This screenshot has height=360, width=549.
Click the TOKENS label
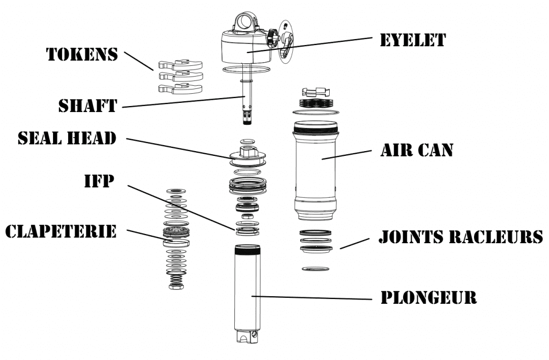(x=82, y=54)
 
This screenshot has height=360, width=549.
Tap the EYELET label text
(x=412, y=40)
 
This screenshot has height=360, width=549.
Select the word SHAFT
(x=87, y=106)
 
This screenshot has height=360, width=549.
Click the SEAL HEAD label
(x=67, y=138)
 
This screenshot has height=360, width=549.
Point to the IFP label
(x=99, y=181)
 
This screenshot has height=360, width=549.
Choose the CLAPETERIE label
(x=61, y=231)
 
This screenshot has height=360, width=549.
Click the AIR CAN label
(x=417, y=150)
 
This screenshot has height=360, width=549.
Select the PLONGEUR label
(x=428, y=297)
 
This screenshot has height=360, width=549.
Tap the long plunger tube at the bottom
(x=247, y=295)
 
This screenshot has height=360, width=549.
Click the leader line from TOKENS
(x=138, y=61)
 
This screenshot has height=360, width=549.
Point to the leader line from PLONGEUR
(x=311, y=296)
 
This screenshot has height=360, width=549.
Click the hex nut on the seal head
(x=247, y=153)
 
